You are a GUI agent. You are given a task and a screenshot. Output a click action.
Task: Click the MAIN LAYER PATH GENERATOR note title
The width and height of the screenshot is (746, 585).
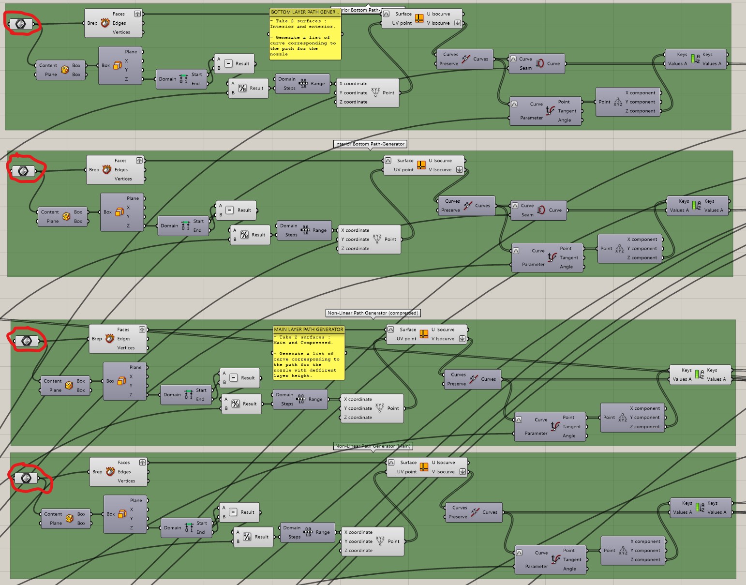point(309,330)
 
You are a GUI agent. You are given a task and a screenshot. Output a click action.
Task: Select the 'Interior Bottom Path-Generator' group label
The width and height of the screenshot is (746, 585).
point(370,144)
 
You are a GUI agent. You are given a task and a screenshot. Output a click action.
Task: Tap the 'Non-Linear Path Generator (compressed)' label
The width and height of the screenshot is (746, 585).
point(373,313)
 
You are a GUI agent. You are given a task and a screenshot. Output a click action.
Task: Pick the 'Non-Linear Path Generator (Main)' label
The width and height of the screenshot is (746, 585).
point(373,446)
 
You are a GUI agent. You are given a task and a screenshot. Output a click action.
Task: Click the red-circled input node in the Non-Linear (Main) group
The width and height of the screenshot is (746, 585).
point(27,478)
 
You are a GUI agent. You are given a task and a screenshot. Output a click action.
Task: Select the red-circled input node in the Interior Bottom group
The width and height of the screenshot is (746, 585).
point(23,171)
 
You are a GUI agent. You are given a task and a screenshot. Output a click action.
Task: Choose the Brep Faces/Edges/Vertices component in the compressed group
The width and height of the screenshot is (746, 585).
point(119,339)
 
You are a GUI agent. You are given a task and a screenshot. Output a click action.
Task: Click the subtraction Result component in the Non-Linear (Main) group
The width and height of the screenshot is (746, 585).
point(239,512)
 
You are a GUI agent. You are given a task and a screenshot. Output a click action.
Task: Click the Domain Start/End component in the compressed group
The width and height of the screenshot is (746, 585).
point(186,395)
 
